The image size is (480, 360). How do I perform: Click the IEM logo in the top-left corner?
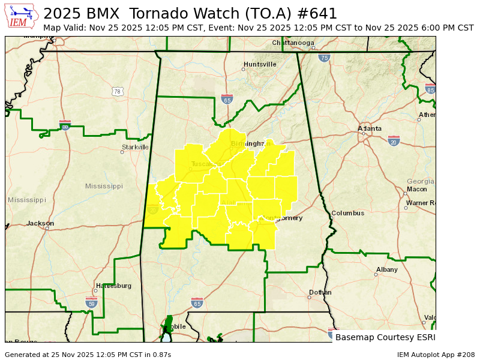22,16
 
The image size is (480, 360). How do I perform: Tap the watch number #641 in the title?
316,13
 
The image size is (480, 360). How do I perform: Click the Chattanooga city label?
293,43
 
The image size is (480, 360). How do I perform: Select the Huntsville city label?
260,64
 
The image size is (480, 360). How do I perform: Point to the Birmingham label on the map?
247,143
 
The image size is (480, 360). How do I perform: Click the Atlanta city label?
369,128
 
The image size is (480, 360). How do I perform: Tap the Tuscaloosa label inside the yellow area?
208,164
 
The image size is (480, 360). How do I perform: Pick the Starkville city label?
135,147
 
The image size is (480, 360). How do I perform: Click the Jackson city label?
40,223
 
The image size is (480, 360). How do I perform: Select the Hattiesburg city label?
113,286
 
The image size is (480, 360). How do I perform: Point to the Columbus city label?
347,213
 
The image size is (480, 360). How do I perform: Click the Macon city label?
416,189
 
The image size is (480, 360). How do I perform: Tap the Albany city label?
386,269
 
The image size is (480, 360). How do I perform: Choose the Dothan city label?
320,293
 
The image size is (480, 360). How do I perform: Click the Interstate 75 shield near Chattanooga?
325,58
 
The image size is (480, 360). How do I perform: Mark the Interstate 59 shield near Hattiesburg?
91,303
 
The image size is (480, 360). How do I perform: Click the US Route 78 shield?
118,91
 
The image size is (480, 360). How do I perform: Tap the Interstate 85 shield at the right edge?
430,89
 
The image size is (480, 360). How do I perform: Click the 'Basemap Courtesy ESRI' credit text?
385,337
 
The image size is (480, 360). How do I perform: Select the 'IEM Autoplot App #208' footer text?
436,355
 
